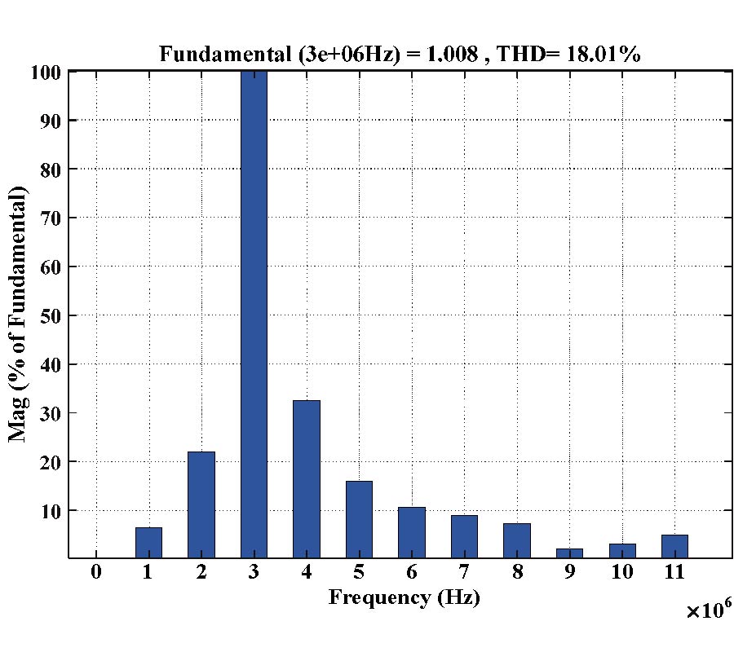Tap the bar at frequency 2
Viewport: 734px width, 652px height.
click(201, 504)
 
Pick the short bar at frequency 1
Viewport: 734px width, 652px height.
click(148, 543)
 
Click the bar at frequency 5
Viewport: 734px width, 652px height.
click(359, 519)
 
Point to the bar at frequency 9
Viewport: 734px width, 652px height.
click(569, 553)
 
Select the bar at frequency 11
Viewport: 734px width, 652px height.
click(674, 546)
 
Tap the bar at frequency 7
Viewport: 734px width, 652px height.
click(464, 536)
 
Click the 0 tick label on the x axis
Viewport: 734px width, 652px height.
click(96, 572)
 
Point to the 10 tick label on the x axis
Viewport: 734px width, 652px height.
click(621, 572)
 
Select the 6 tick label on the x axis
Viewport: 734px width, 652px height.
click(411, 572)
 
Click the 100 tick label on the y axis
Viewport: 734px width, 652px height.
click(47, 72)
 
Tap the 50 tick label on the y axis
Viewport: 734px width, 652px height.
click(51, 315)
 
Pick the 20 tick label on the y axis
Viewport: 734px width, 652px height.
click(51, 461)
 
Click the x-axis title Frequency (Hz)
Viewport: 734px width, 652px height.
click(405, 597)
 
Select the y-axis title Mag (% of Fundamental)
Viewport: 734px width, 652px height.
click(18, 314)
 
